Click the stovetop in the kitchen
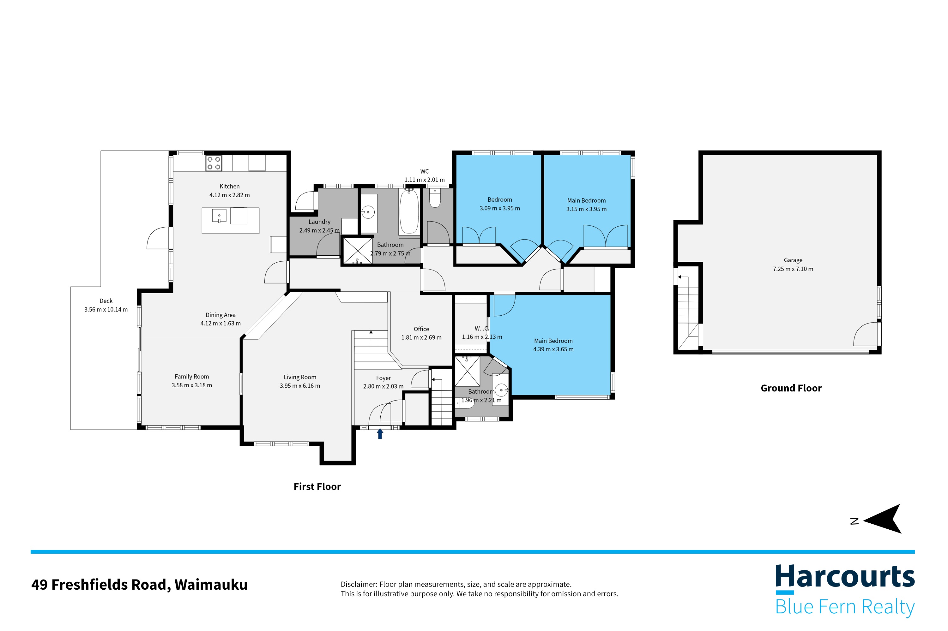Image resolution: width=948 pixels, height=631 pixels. [214, 163]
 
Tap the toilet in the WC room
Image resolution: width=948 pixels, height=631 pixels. [435, 198]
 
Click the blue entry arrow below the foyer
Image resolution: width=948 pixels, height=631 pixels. [379, 433]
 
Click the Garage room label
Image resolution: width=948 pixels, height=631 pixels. [793, 260]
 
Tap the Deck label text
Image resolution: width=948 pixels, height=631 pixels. [106, 301]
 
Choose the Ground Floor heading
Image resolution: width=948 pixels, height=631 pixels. [791, 388]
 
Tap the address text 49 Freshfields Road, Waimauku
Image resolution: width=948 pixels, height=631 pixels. [139, 584]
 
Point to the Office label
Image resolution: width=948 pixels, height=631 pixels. [421, 329]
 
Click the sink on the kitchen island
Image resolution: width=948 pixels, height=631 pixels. [219, 216]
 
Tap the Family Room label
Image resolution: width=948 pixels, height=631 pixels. [192, 376]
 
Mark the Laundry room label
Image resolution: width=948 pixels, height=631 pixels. [319, 222]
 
